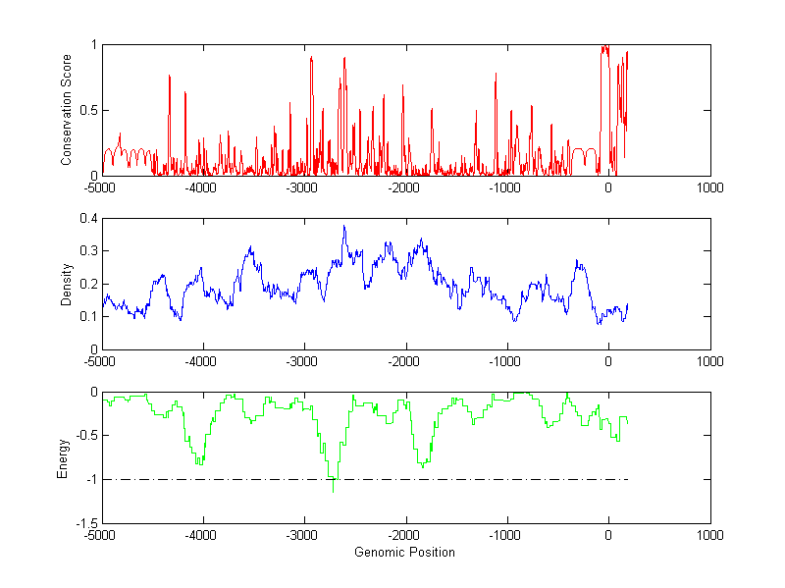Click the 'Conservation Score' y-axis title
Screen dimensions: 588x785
pos(67,110)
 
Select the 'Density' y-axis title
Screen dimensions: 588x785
pos(67,284)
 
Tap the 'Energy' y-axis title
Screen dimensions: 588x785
pos(63,457)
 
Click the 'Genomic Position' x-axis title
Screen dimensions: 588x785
pos(404,552)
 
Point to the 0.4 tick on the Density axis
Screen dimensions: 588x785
pos(87,219)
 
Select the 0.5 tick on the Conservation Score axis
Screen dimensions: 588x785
pos(87,110)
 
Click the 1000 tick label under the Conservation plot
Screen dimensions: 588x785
pos(709,187)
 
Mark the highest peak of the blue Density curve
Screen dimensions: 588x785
pos(343,227)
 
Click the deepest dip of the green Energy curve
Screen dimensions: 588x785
pos(334,490)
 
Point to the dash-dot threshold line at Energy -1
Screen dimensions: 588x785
pos(491,479)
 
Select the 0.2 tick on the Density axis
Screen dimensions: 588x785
pos(87,284)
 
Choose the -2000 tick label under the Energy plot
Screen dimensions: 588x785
pos(405,536)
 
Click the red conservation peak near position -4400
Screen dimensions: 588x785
pos(170,77)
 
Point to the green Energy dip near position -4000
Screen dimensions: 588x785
pos(199,462)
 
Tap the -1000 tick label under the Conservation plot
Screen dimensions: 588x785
pos(506,187)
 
